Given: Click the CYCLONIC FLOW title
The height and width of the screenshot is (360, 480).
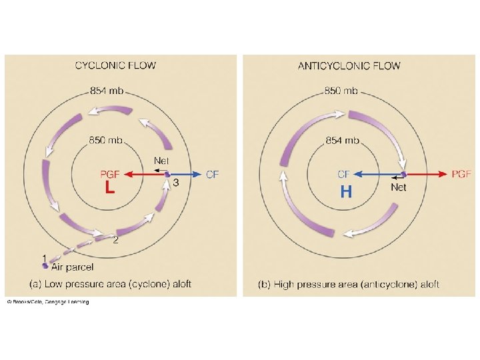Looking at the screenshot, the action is (115, 65).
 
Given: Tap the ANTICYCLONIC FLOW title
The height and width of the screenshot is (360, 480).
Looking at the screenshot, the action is (349, 65).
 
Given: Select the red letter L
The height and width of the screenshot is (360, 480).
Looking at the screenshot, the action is (110, 189).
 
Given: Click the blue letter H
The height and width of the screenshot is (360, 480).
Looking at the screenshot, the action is (345, 193).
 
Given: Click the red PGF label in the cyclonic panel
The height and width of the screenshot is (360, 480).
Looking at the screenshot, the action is (109, 175).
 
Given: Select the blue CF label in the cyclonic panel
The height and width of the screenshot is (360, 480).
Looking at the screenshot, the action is (212, 175).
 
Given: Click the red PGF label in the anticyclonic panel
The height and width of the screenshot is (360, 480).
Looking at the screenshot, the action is (461, 174).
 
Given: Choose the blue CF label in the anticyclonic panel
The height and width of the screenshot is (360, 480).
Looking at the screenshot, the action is (344, 175).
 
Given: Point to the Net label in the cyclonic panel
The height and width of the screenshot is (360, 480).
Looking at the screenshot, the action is (161, 161).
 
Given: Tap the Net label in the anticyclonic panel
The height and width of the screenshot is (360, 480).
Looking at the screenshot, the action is (398, 188).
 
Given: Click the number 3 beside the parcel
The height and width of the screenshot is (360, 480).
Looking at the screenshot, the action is (175, 182).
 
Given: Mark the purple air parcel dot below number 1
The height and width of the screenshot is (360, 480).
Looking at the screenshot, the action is (45, 266).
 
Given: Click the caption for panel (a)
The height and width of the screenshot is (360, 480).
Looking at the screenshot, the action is (111, 284).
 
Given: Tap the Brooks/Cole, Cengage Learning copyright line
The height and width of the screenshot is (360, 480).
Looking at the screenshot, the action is (48, 302).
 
